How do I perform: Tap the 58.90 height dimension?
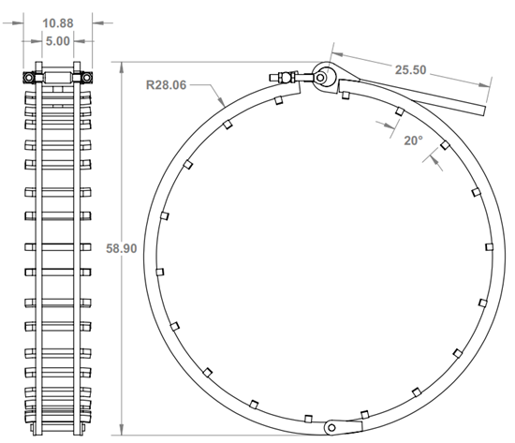click(x=110, y=249)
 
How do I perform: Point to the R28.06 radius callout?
click(x=166, y=83)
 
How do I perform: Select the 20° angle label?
click(x=412, y=140)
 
